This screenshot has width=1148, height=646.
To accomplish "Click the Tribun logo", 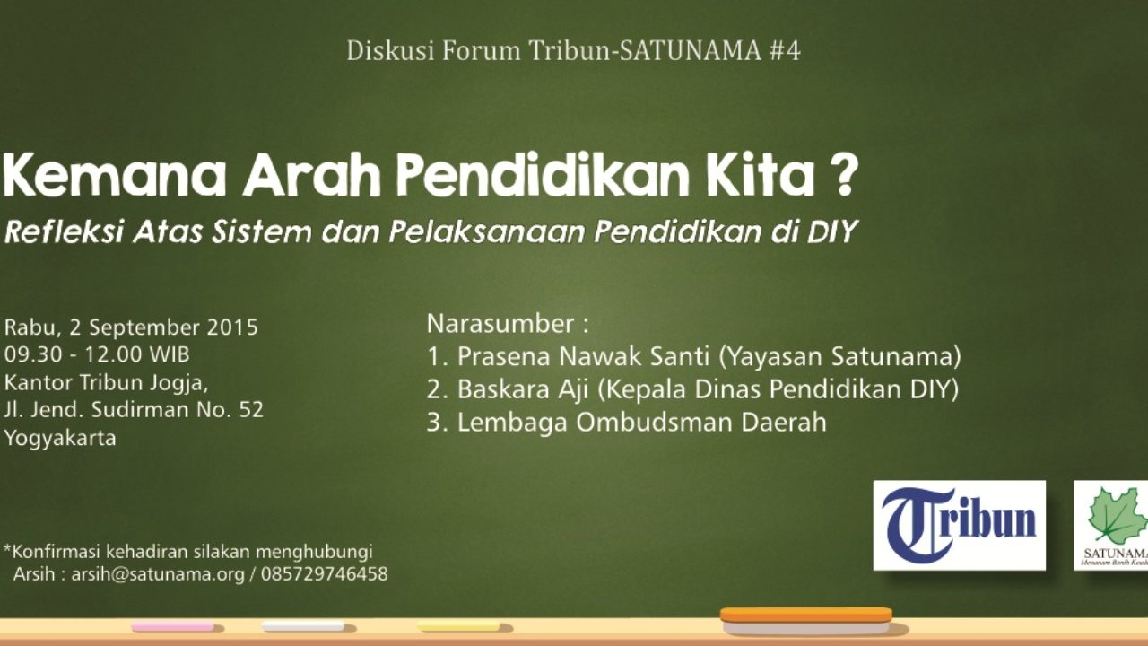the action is (959, 525).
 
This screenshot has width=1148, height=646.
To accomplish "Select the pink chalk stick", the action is (173, 626).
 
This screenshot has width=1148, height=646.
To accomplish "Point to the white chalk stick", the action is (303, 626).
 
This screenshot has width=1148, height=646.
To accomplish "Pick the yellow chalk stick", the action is (458, 626).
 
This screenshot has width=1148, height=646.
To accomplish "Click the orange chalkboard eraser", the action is (806, 620).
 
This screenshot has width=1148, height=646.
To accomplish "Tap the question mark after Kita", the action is (842, 175).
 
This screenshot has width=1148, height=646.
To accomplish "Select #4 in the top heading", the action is (785, 51).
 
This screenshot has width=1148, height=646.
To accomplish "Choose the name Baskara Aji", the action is (522, 390).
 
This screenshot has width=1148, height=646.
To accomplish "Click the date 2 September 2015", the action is (163, 327).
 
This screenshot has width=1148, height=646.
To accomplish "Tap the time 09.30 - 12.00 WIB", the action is (97, 354).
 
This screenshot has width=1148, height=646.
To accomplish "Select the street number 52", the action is (251, 410).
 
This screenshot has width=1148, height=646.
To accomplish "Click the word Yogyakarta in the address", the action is (60, 439).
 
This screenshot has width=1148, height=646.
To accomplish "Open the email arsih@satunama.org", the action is (158, 574).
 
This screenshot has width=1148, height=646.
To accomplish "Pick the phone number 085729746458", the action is (325, 573).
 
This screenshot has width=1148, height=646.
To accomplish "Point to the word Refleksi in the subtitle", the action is (64, 231).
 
